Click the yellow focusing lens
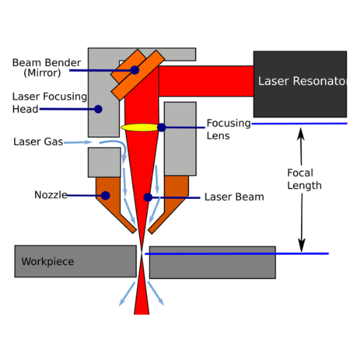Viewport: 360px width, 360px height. click(x=140, y=127)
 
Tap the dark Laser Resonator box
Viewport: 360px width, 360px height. click(x=300, y=84)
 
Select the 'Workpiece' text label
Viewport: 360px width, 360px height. click(x=48, y=262)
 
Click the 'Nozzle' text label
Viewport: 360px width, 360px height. click(x=51, y=195)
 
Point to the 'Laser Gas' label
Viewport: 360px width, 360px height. click(x=38, y=142)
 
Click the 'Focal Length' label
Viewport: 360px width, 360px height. click(x=304, y=179)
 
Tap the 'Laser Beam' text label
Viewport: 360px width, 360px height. click(x=234, y=197)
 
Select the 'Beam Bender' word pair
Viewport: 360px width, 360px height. click(x=46, y=63)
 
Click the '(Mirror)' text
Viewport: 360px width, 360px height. click(x=42, y=73)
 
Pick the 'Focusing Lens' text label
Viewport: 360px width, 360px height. click(x=229, y=129)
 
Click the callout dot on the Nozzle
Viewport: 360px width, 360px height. click(x=105, y=195)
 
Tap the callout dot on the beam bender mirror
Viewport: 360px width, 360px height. click(x=135, y=70)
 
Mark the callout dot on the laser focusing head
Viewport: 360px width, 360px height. click(x=98, y=109)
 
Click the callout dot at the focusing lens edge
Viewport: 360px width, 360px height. click(x=162, y=127)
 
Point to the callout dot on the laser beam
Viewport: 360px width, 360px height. click(x=148, y=198)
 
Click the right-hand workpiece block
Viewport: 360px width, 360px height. click(x=212, y=262)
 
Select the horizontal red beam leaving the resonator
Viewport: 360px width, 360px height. click(x=206, y=82)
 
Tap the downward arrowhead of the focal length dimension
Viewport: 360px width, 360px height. click(x=302, y=245)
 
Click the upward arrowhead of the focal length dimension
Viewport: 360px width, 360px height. click(x=301, y=134)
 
